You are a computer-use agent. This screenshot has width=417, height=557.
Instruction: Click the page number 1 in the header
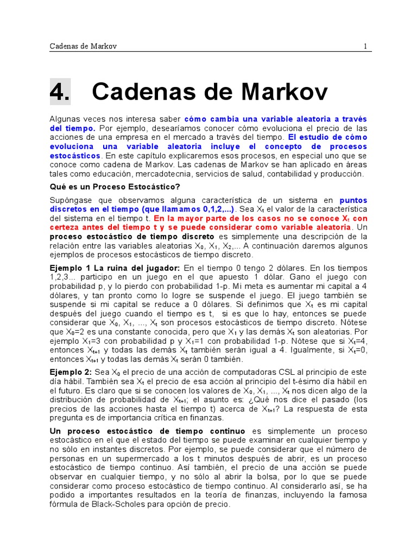[x=365, y=46]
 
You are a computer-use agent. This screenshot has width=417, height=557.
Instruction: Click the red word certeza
[x=66, y=227]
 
